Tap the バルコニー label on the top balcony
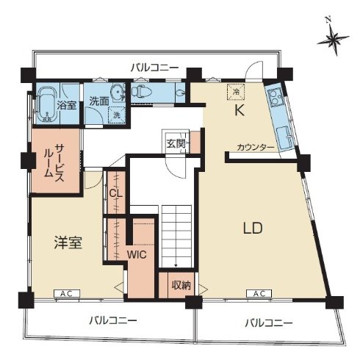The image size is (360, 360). [x=154, y=67]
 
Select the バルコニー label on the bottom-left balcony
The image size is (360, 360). [x=113, y=320]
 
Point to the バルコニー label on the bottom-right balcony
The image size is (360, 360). [x=269, y=323]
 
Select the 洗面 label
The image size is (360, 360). [x=100, y=101]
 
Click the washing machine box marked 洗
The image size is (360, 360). [x=115, y=115]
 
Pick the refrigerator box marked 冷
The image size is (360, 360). [x=234, y=92]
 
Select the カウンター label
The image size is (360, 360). [x=256, y=148]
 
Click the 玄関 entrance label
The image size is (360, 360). [x=175, y=143]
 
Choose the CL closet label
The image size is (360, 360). [x=115, y=194]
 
